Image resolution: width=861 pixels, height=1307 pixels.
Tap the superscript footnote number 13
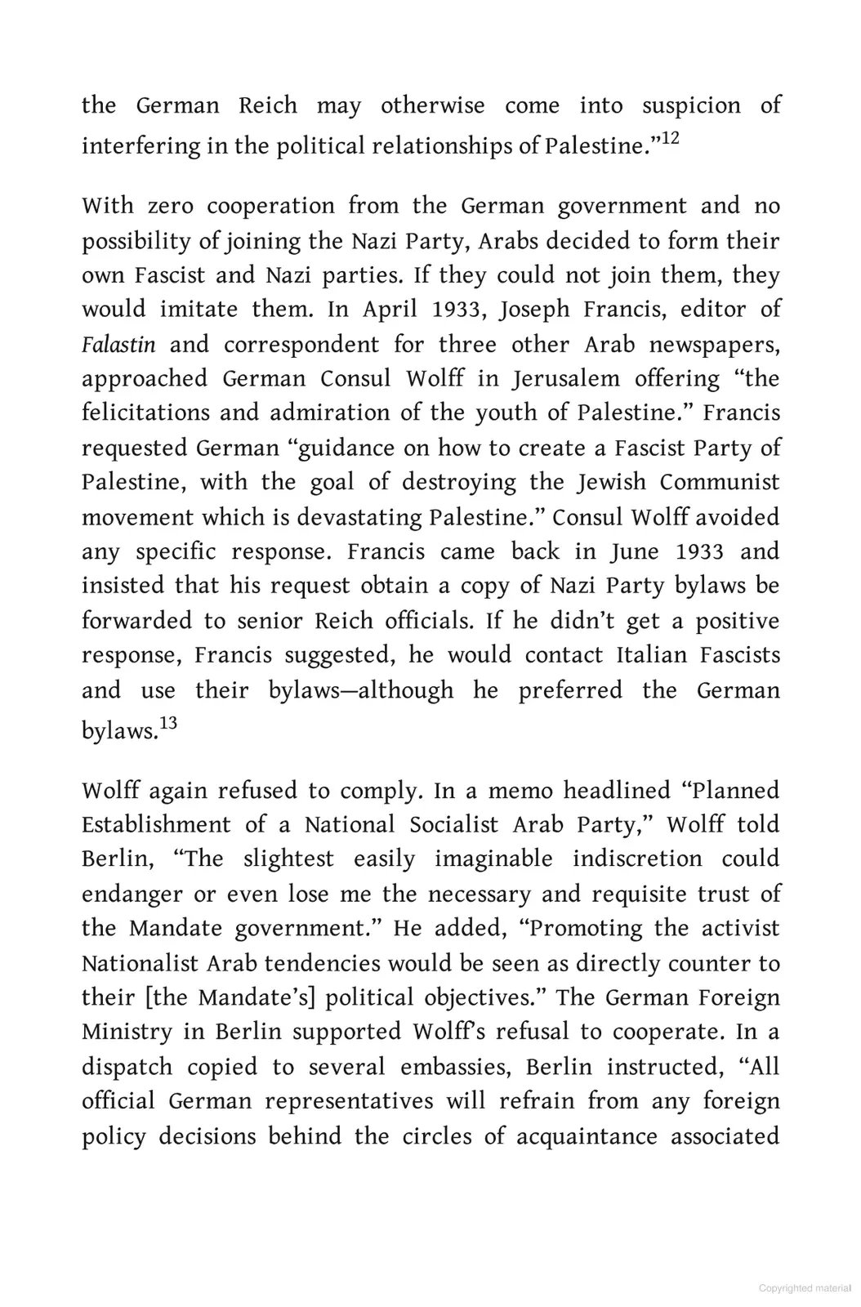[167, 723]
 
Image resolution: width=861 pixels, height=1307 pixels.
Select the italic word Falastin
[118, 344]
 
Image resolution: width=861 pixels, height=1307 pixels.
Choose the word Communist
[720, 482]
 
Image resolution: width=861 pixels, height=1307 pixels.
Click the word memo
[519, 791]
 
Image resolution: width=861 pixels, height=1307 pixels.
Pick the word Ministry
[127, 1032]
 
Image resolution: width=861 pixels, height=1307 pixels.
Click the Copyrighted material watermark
[805, 1288]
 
